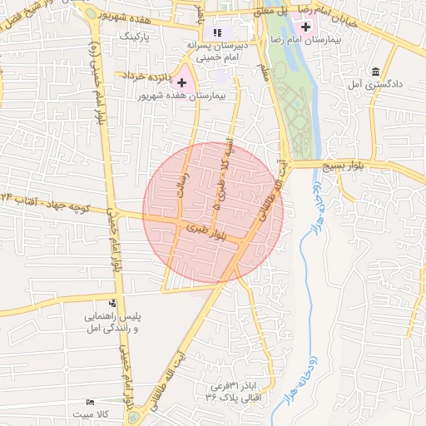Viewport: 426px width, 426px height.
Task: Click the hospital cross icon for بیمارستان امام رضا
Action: (306, 27)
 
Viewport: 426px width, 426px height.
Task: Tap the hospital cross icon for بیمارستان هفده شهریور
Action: (181, 82)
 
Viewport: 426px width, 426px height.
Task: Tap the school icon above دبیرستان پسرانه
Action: (217, 32)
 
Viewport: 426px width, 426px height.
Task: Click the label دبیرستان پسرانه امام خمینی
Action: (217, 52)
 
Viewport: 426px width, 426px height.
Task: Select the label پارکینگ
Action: (135, 37)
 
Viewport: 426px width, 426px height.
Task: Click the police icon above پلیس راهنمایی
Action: (113, 303)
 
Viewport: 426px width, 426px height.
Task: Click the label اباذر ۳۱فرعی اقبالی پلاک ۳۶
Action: (236, 393)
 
